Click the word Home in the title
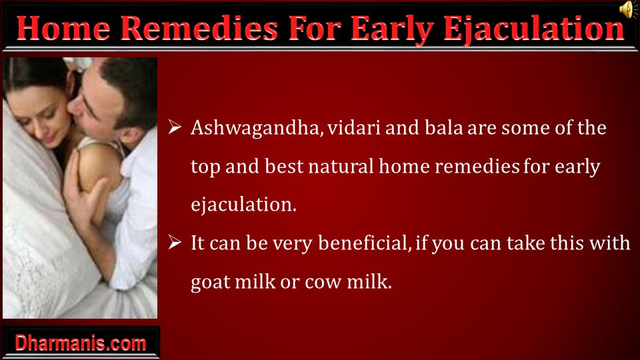point(64,29)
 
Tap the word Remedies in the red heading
point(199,29)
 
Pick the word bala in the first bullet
point(444,128)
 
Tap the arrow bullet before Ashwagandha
point(175,127)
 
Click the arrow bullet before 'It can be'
point(175,243)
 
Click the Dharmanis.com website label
point(81,343)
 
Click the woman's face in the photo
point(39,116)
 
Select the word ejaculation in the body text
point(244,205)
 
